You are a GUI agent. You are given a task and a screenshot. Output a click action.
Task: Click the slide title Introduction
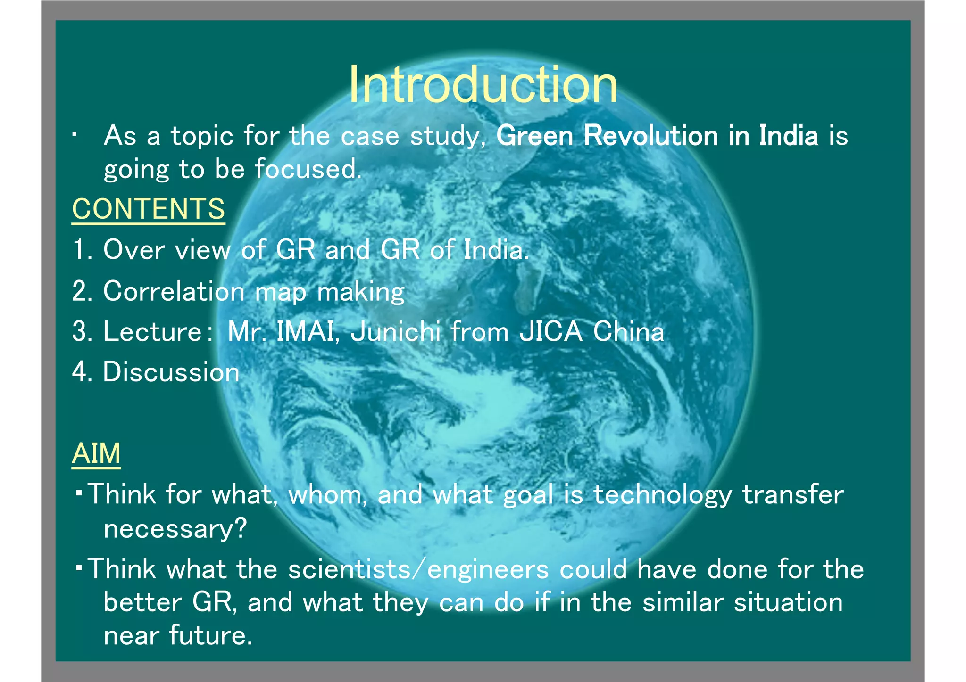pos(483,85)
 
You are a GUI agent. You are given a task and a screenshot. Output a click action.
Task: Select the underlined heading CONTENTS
pos(149,209)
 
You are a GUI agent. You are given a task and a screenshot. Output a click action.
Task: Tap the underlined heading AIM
pos(96,453)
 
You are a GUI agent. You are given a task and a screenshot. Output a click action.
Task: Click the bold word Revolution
pos(650,136)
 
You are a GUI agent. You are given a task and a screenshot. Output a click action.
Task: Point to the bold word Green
pos(535,136)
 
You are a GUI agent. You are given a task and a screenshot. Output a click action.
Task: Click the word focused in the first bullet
pos(308,169)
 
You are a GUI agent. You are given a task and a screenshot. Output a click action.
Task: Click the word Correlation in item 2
pos(174,291)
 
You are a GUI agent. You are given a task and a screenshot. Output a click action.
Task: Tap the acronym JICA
pos(550,331)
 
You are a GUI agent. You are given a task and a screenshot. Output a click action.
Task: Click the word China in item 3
pos(628,331)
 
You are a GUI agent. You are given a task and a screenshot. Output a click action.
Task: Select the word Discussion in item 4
pos(171,372)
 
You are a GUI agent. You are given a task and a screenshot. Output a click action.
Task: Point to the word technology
pos(662,495)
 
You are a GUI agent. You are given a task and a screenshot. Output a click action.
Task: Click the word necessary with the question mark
pos(175,529)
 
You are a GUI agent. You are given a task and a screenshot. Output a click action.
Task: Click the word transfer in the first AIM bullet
pos(793,494)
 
